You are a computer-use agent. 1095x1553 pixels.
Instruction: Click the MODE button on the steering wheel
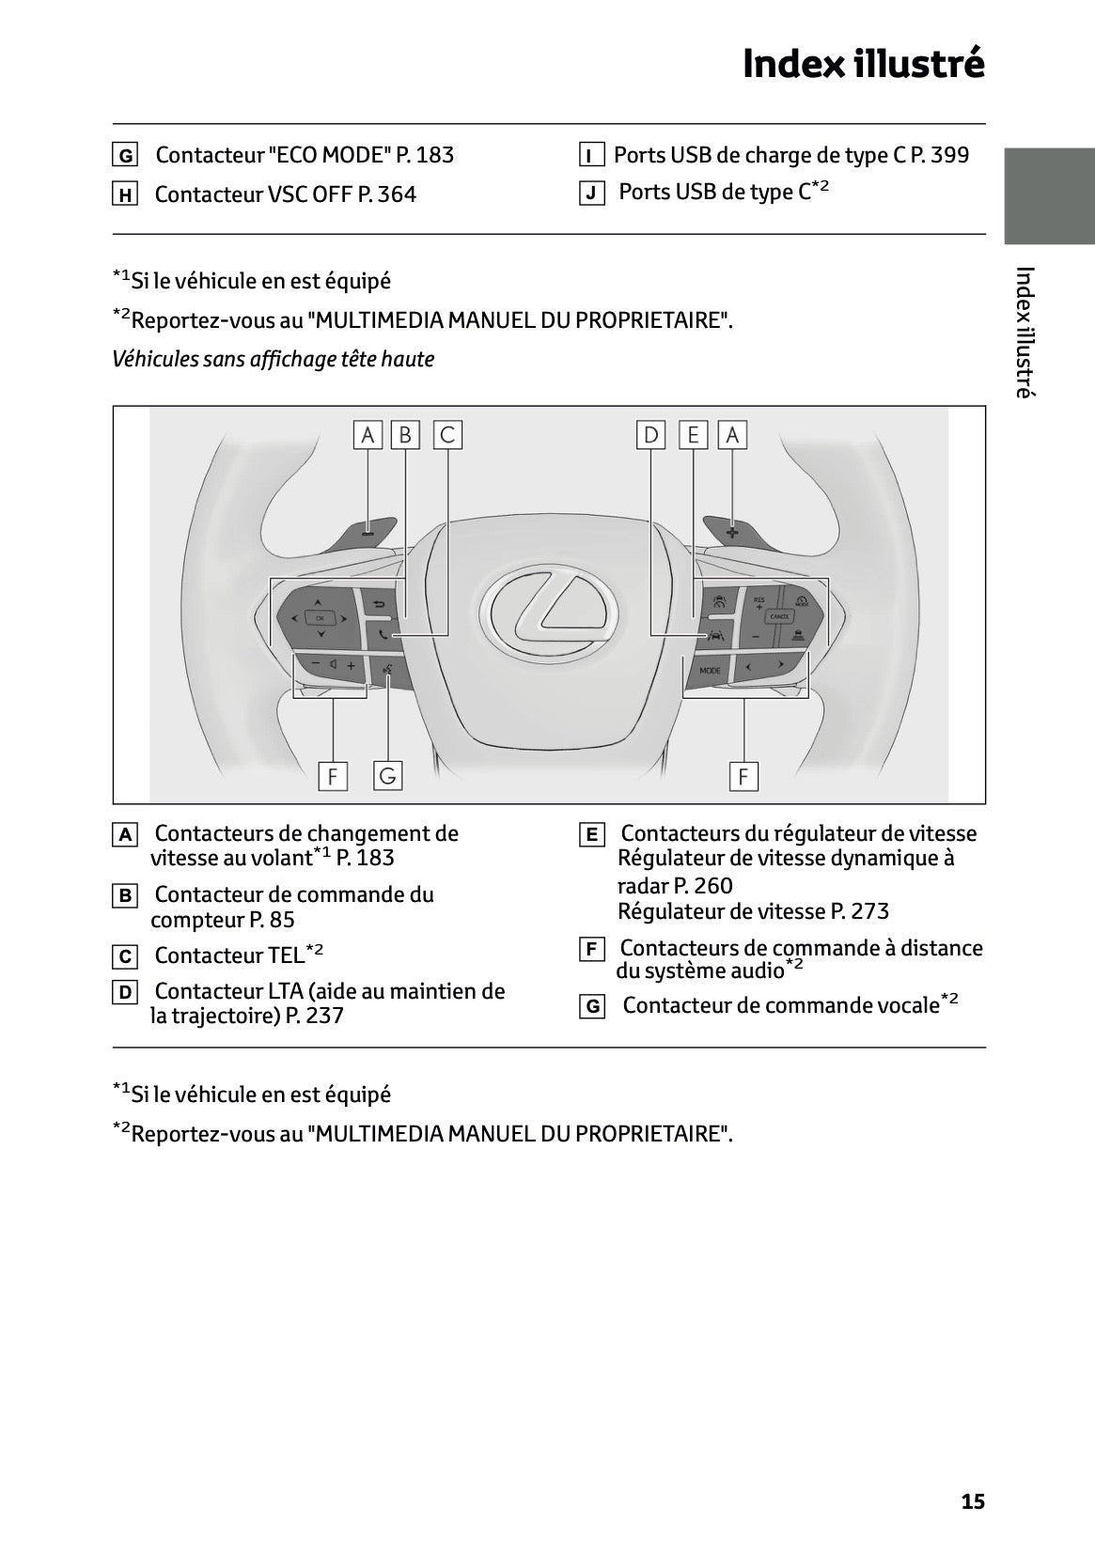point(710,670)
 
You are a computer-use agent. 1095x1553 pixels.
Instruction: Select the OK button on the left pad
point(320,617)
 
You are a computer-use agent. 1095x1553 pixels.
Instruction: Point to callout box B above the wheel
point(405,435)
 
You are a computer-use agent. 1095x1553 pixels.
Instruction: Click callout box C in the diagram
point(447,435)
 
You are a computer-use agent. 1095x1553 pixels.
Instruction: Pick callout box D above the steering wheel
point(650,435)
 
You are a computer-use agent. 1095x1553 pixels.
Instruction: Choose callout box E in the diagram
point(693,435)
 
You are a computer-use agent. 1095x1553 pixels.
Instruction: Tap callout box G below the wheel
point(387,776)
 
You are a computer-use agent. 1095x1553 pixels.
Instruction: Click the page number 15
point(973,1501)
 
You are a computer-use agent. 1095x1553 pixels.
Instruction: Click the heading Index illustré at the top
point(863,64)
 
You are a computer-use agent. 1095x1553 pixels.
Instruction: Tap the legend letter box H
point(124,195)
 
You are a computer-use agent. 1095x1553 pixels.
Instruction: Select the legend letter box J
point(591,194)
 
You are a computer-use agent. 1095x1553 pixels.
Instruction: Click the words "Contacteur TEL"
point(229,955)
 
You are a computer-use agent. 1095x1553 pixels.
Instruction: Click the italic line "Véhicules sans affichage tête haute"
point(273,359)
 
